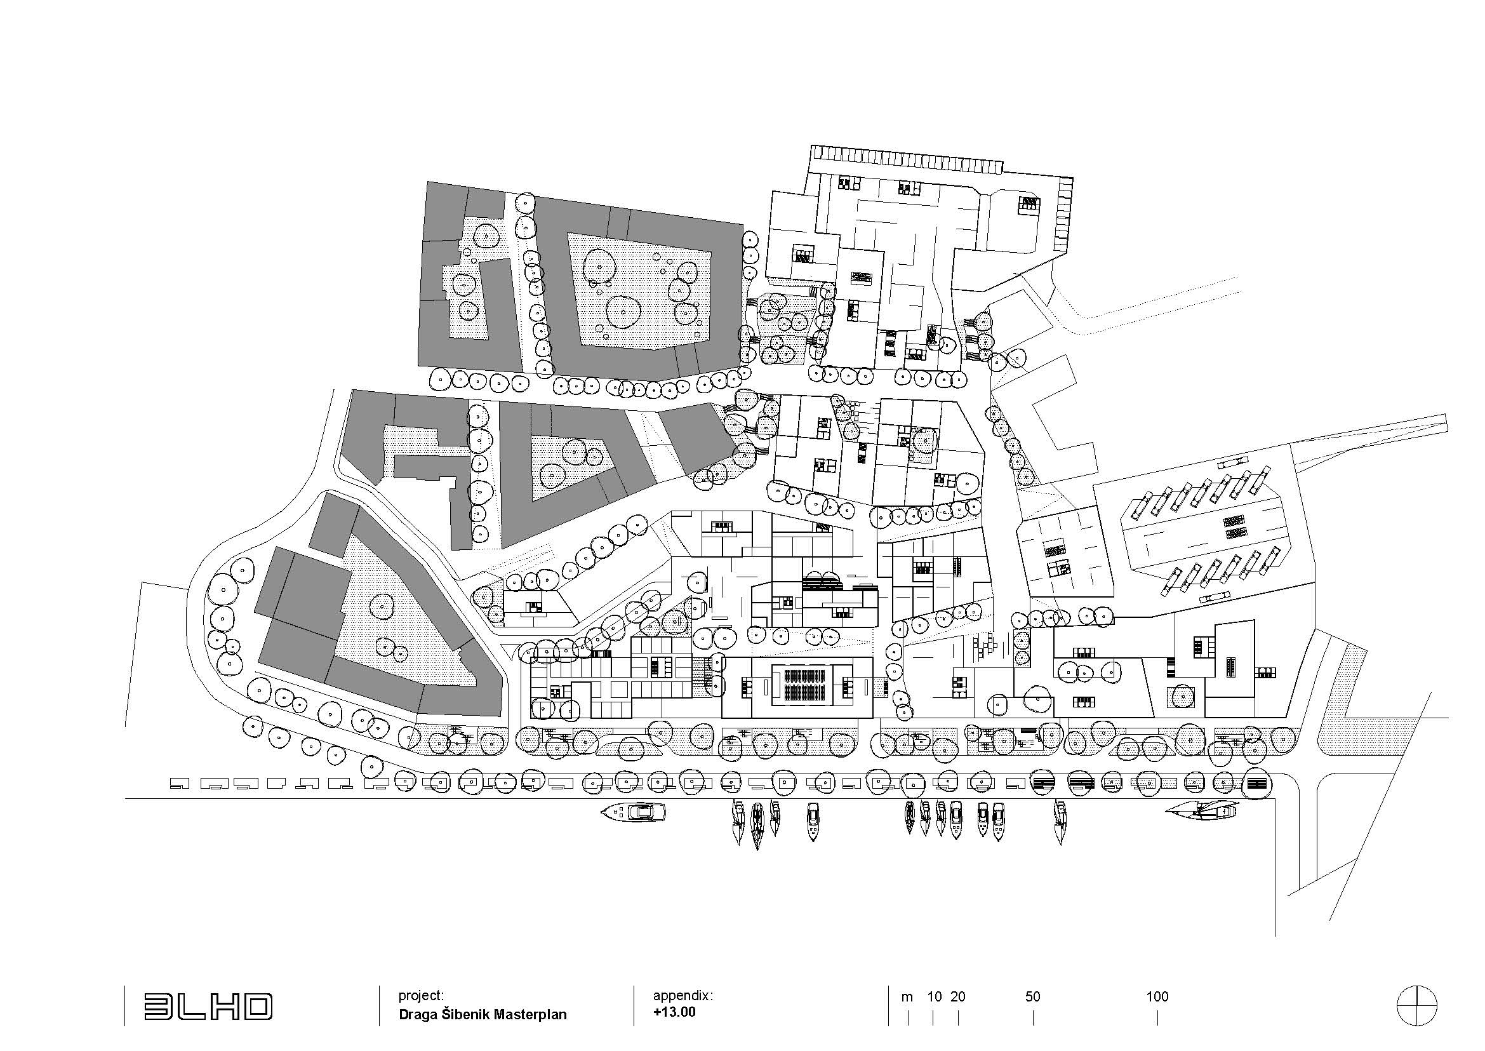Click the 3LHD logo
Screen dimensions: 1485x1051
208,1007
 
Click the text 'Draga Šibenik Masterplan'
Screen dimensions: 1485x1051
483,1014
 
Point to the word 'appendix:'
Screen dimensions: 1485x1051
683,995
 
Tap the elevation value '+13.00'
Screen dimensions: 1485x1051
674,1012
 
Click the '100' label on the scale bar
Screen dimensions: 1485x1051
1157,997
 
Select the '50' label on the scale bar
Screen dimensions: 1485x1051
1033,997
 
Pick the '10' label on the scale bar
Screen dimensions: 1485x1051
934,997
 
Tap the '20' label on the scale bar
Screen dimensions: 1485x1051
958,997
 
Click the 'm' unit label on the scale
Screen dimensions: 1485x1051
907,998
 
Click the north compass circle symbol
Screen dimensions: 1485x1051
1416,1008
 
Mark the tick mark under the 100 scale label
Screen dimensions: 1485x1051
1157,1019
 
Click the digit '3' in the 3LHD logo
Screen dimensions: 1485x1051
156,1007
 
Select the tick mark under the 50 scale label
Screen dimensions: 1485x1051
1034,1019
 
